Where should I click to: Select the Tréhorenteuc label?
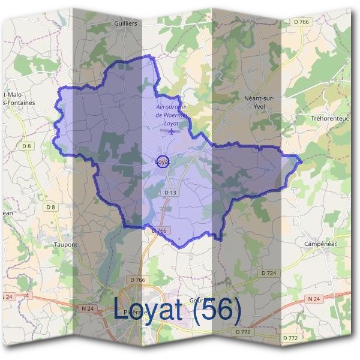[x=329, y=119]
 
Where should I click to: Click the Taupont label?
[x=66, y=245]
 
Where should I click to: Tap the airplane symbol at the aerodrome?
[x=172, y=131]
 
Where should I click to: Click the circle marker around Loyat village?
[x=163, y=161]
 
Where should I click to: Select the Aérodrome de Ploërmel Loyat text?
[x=171, y=115]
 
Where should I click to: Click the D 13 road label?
[x=170, y=193]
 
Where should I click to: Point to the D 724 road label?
[x=269, y=273]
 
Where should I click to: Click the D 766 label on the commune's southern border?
[x=158, y=230]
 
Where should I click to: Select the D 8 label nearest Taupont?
[x=51, y=208]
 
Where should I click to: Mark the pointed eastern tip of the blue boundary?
[x=301, y=160]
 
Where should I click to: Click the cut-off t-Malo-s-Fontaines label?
[x=20, y=99]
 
